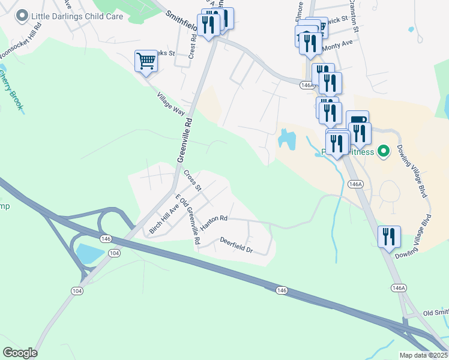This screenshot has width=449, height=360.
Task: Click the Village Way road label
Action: point(170,103)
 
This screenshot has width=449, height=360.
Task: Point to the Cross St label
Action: point(192,179)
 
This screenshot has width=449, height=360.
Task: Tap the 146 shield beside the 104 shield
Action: point(106,238)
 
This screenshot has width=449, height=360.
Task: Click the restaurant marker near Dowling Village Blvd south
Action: point(389,236)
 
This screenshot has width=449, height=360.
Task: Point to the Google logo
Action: point(20,353)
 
